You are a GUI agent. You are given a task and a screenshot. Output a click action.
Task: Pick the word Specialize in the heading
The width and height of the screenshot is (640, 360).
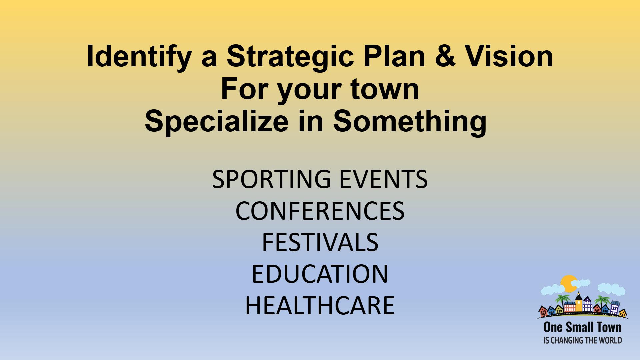coord(217,122)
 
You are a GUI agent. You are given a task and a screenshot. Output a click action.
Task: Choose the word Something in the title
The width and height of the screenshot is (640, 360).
coord(410,122)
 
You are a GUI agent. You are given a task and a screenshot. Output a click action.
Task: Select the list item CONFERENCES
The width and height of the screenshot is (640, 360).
coord(320,211)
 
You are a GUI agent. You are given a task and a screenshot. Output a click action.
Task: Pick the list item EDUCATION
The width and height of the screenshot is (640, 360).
coord(320,274)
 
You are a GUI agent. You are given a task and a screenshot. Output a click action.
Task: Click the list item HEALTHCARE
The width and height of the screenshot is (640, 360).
coord(320,305)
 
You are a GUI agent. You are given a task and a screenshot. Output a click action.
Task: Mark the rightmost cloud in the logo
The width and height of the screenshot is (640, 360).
coord(611,289)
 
